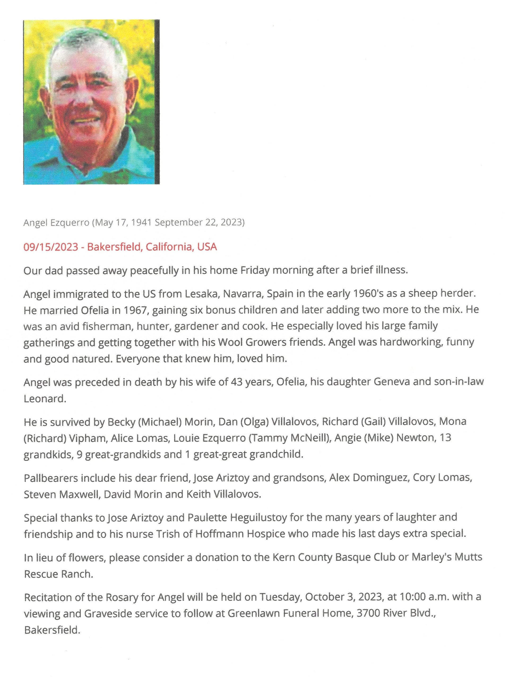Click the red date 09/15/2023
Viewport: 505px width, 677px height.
tap(51, 247)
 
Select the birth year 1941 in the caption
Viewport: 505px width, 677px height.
tap(142, 223)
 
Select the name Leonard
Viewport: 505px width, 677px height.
tap(44, 399)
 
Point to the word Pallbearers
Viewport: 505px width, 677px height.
tap(51, 478)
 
